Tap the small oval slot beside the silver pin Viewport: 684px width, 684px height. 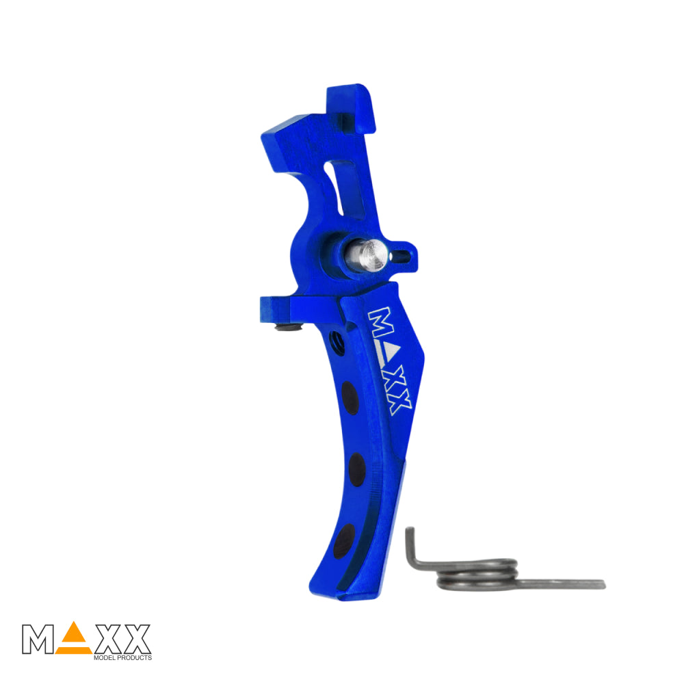pyautogui.click(x=400, y=256)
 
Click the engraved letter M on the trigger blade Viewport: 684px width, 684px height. pyautogui.click(x=380, y=322)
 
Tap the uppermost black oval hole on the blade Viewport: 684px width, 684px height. pyautogui.click(x=350, y=398)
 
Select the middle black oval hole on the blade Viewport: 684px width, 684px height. pyautogui.click(x=357, y=469)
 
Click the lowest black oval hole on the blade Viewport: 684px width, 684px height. pyautogui.click(x=344, y=541)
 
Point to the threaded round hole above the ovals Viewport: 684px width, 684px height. pyautogui.click(x=337, y=343)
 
